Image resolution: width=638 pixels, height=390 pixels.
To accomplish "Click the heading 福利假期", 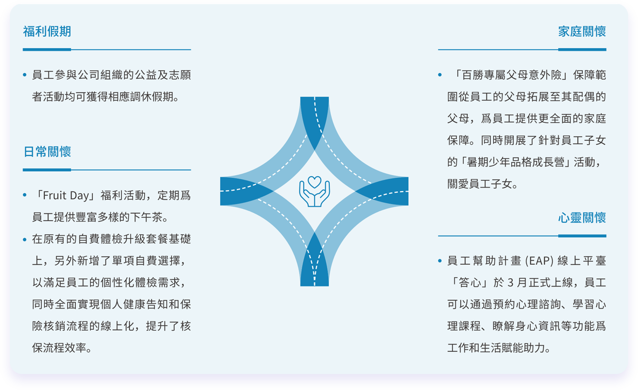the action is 47,31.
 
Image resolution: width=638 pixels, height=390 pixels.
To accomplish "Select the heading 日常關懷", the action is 47,151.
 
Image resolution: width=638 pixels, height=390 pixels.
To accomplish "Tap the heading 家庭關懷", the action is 582,31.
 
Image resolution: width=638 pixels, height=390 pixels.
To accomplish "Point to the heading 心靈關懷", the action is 582,218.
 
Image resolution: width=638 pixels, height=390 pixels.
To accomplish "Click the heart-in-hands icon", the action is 314,191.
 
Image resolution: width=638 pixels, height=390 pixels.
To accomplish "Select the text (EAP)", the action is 539,261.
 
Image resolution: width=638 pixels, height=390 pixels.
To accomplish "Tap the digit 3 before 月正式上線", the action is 510,283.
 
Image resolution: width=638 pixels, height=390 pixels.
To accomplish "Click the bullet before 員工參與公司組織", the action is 25,75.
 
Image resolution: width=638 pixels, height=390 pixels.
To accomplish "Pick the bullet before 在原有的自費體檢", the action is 25,240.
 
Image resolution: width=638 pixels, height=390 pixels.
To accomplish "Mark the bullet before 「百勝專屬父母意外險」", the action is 440,75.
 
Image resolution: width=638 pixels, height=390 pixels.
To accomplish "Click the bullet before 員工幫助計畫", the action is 440,261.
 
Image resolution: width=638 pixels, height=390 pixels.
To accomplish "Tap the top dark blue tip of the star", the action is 314,98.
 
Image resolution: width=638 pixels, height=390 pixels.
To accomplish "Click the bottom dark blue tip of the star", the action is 314,285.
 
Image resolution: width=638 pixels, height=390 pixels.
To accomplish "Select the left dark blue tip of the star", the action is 221,191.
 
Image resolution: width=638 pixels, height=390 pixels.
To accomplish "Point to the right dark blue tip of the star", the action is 408,191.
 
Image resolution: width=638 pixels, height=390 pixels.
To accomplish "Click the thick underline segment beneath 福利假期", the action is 47,50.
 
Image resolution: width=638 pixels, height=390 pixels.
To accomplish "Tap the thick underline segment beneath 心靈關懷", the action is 582,236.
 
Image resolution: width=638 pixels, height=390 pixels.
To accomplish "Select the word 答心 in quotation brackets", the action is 470,283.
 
